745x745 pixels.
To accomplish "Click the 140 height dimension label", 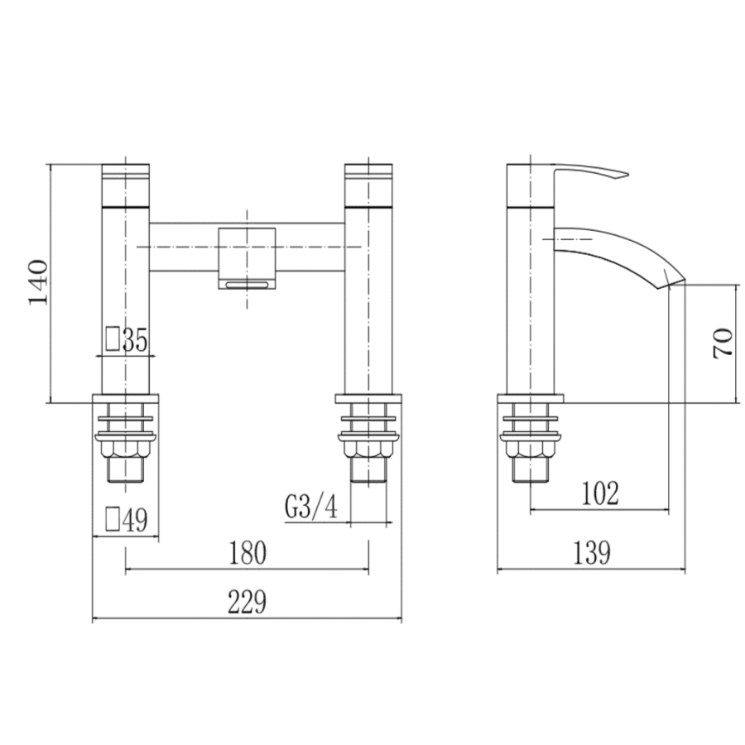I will pyautogui.click(x=39, y=282).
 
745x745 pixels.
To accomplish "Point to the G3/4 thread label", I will pyautogui.click(x=311, y=507).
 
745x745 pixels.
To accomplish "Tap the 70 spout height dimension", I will pyautogui.click(x=722, y=342).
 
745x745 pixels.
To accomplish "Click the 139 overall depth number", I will pyautogui.click(x=590, y=553).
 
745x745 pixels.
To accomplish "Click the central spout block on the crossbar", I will pyautogui.click(x=247, y=251).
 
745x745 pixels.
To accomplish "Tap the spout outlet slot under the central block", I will pyautogui.click(x=247, y=285).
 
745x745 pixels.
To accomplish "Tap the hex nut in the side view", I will pyautogui.click(x=531, y=449).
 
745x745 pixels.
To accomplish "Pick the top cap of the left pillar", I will pyautogui.click(x=126, y=183).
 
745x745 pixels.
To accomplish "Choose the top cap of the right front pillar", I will pyautogui.click(x=369, y=183).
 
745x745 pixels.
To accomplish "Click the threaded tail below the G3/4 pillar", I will pyautogui.click(x=368, y=470).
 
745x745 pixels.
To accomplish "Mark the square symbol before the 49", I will pyautogui.click(x=112, y=519).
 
